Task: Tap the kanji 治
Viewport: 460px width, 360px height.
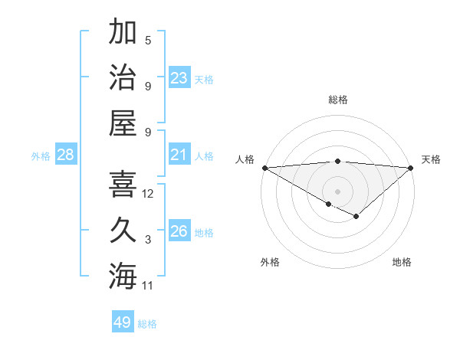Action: [x=123, y=77]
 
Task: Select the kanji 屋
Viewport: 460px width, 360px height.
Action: [x=123, y=122]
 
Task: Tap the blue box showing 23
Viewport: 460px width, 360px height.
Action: [x=179, y=78]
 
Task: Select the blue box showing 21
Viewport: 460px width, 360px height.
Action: [x=179, y=155]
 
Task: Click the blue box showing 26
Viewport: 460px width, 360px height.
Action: [x=179, y=231]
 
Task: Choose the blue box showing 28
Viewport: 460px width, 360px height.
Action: [x=66, y=155]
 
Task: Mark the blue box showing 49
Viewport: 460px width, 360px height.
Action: [x=123, y=322]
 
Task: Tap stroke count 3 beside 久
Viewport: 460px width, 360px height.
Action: [x=148, y=240]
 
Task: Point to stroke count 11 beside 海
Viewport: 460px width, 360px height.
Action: [x=148, y=286]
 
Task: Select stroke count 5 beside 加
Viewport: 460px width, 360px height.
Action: [x=148, y=41]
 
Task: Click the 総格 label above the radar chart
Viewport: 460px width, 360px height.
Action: [x=338, y=100]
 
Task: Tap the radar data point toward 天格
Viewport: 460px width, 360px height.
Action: [x=411, y=168]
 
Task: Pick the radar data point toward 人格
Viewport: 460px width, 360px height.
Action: [x=264, y=168]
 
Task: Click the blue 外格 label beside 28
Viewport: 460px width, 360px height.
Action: [x=41, y=156]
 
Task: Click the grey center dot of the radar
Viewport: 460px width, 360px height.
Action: [x=338, y=191]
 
